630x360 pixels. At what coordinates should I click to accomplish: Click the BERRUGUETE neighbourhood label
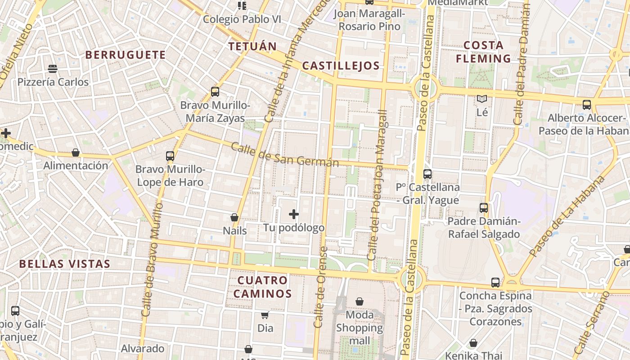(126, 55)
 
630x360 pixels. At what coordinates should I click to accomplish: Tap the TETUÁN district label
(252, 46)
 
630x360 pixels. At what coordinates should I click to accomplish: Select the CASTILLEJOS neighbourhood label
(341, 66)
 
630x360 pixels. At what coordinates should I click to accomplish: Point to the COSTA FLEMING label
(483, 52)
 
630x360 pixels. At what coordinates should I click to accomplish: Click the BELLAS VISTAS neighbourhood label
(65, 264)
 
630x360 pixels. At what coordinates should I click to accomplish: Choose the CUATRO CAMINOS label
(263, 287)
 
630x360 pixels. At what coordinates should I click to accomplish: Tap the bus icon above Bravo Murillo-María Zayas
(215, 92)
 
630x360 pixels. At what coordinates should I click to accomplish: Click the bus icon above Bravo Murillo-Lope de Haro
(170, 156)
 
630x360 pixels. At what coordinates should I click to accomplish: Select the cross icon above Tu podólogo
(294, 214)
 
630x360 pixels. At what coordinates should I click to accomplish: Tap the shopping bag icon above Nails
(234, 217)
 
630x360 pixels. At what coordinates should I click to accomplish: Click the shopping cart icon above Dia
(265, 315)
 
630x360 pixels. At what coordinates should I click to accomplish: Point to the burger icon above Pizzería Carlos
(53, 69)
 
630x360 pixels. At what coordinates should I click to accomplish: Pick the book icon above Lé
(482, 99)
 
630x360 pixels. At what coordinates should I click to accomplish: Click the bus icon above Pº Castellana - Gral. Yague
(427, 174)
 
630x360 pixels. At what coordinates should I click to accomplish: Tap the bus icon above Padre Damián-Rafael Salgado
(484, 208)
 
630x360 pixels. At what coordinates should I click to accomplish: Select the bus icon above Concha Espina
(495, 283)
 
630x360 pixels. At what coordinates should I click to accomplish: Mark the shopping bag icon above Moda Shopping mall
(360, 301)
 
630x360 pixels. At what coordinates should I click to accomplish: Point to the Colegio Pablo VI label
(242, 19)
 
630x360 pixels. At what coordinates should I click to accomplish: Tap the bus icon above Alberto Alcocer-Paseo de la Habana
(587, 105)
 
